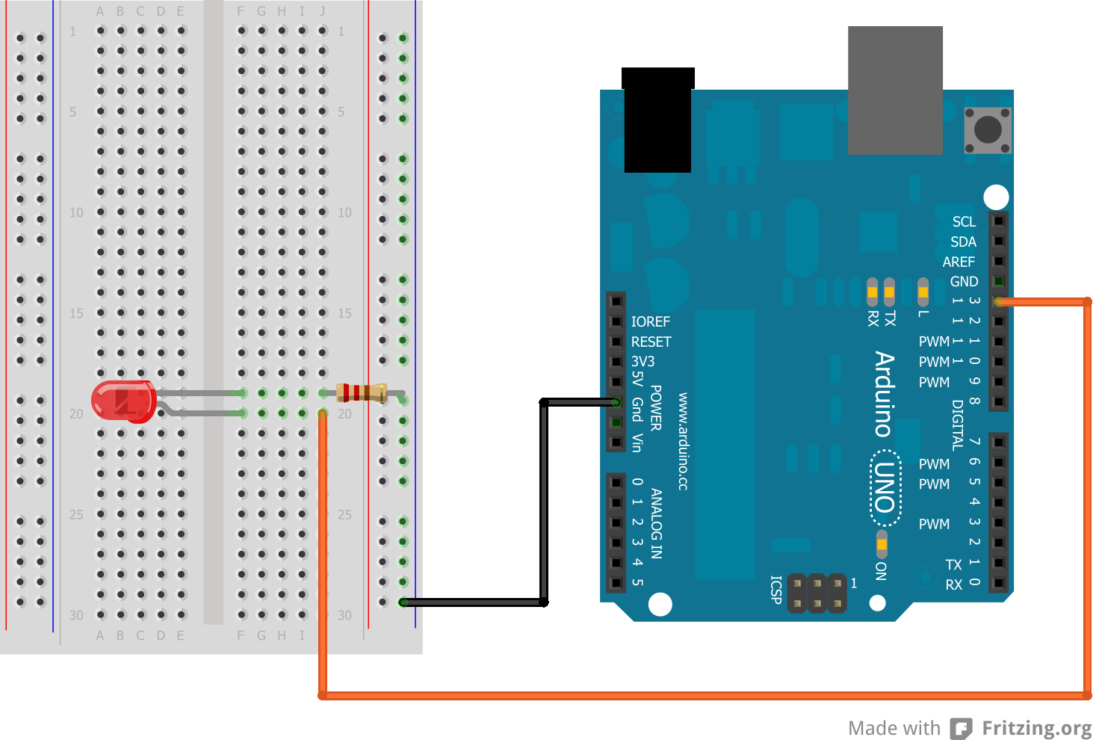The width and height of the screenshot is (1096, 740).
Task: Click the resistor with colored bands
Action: [x=362, y=392]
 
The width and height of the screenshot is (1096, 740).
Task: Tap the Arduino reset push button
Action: [x=988, y=130]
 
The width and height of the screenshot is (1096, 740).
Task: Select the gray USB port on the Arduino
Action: [x=895, y=90]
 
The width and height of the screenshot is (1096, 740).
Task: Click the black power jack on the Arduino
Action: [x=657, y=120]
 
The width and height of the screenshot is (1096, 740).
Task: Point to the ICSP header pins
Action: [x=817, y=593]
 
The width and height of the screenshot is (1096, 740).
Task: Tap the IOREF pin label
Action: [x=650, y=321]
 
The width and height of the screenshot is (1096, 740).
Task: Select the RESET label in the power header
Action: [x=651, y=342]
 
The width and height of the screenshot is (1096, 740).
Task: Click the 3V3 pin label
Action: [x=643, y=362]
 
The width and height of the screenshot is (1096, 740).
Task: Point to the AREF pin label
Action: [x=959, y=262]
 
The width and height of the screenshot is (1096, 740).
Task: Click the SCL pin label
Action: [x=964, y=222]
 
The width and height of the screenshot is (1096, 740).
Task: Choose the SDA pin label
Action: [x=963, y=242]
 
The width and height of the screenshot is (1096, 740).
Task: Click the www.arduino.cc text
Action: [x=683, y=441]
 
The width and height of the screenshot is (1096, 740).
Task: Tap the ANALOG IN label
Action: [x=656, y=523]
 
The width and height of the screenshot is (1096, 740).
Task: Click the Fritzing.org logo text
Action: [x=1036, y=728]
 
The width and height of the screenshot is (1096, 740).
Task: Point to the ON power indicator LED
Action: [x=882, y=543]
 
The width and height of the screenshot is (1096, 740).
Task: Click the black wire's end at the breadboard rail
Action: [x=403, y=602]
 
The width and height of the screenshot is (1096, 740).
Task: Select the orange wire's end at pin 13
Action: [x=999, y=302]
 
